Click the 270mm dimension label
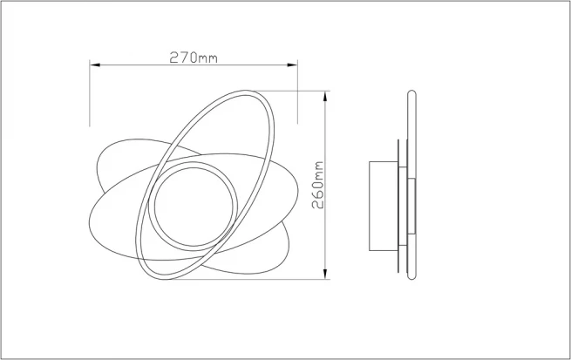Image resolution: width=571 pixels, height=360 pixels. [x=194, y=58]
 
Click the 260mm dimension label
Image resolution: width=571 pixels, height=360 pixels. [x=318, y=185]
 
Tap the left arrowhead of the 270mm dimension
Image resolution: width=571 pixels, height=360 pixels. [x=95, y=65]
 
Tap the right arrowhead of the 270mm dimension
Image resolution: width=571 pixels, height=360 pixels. [x=292, y=65]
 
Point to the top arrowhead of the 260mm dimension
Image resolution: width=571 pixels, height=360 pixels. [x=325, y=97]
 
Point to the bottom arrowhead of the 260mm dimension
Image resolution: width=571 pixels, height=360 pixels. [x=325, y=274]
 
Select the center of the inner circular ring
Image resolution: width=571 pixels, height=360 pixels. [x=193, y=207]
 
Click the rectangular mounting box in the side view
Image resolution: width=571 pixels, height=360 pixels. [x=384, y=206]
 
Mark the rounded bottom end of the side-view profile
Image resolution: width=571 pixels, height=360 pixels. [x=411, y=276]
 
